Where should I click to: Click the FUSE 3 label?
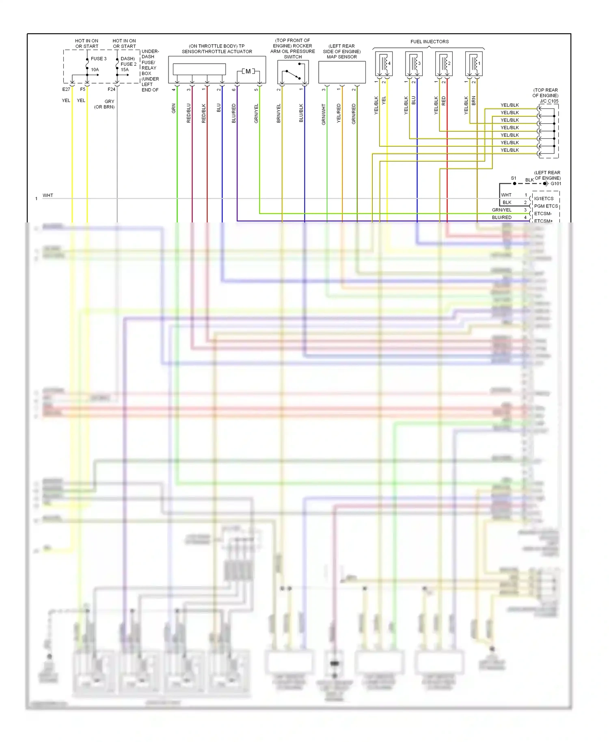pos(99,59)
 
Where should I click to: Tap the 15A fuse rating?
pos(125,70)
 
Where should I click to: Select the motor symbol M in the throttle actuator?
pos(248,71)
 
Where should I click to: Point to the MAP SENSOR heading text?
pos(342,57)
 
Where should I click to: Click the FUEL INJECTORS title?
pos(430,42)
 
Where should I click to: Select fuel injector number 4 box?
pos(384,64)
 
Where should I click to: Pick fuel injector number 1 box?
pos(474,64)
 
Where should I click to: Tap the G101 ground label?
pos(556,184)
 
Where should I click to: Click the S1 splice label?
pos(514,178)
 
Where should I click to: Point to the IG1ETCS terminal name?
pos(544,198)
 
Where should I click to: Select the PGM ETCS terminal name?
pos(546,206)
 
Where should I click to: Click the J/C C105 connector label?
pos(549,101)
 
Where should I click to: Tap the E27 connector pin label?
pos(66,89)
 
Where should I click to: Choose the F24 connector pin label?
pos(111,89)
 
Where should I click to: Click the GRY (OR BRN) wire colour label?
pos(105,104)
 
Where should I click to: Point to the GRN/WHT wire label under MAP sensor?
pos(324,114)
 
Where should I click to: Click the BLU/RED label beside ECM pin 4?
pos(502,218)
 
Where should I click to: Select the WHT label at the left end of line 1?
pos(48,196)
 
